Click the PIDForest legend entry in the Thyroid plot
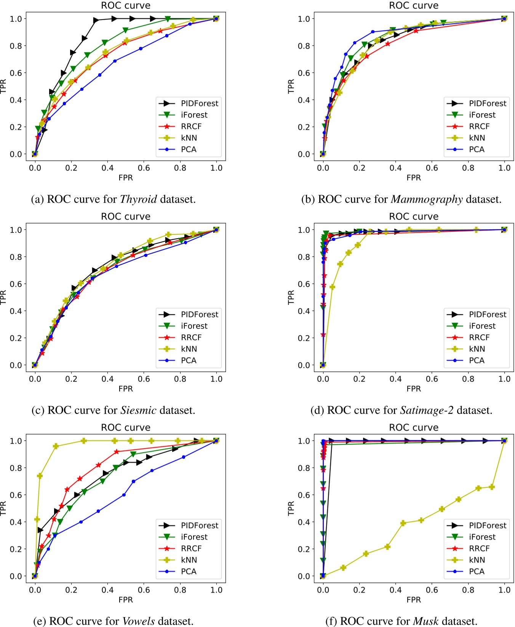199,103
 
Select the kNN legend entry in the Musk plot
477,560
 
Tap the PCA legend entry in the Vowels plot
189,571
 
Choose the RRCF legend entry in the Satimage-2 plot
479,337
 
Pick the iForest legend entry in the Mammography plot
482,115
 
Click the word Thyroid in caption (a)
138,199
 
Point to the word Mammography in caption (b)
427,199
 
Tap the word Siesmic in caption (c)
138,411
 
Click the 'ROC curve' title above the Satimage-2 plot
414,216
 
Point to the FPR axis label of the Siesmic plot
126,389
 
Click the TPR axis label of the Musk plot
291,508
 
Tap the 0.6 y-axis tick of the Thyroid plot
16,73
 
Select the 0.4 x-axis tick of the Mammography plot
395,168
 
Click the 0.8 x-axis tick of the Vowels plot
180,590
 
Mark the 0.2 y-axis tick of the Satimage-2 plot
304,338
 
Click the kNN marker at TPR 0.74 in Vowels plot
40,476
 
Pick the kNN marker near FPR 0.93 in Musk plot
492,487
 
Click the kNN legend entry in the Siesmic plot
189,349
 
